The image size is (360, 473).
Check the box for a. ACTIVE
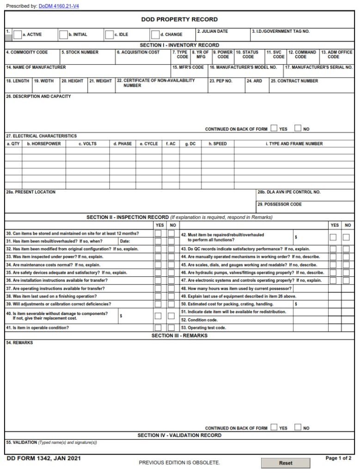pos(18,34)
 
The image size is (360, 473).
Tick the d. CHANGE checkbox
pos(155,34)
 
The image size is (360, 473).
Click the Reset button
pos(285,463)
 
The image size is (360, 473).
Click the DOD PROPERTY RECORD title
pos(179,19)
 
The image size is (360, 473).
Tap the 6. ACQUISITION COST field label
pos(138,52)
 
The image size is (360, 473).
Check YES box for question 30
pos(159,234)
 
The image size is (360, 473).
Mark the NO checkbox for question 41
pos(171,328)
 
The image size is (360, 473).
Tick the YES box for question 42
pos(333,237)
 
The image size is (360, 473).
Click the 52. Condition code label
pos(199,320)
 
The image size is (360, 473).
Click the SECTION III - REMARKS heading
pos(179,335)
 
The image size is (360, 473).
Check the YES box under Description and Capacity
pos(275,128)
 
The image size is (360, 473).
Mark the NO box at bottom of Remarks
pos(298,427)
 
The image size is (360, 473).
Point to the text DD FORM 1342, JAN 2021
pos(38,458)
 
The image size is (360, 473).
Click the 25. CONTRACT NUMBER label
pos(294,81)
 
